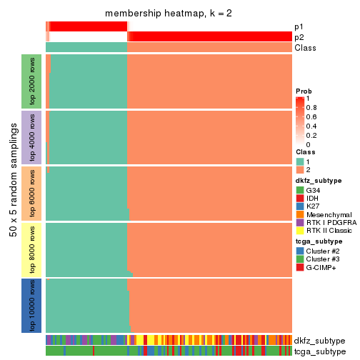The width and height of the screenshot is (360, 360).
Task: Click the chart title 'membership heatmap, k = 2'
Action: [169, 14]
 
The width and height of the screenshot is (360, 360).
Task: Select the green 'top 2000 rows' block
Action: [32, 81]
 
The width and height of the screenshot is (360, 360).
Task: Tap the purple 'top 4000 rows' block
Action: [32, 137]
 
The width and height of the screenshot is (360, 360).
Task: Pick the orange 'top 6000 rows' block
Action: [32, 193]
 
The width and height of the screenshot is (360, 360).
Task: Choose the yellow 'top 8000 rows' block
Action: [32, 249]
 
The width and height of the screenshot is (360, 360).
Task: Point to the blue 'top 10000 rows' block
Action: [32, 305]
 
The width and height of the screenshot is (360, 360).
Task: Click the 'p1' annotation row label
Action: [299, 26]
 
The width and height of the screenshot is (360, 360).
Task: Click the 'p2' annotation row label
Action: [299, 37]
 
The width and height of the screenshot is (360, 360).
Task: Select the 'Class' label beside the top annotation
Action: [304, 48]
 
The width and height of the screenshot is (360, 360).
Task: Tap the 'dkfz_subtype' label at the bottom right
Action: [319, 341]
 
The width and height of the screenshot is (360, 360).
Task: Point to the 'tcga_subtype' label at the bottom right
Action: [319, 351]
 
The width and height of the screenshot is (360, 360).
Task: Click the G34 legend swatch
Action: [300, 191]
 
